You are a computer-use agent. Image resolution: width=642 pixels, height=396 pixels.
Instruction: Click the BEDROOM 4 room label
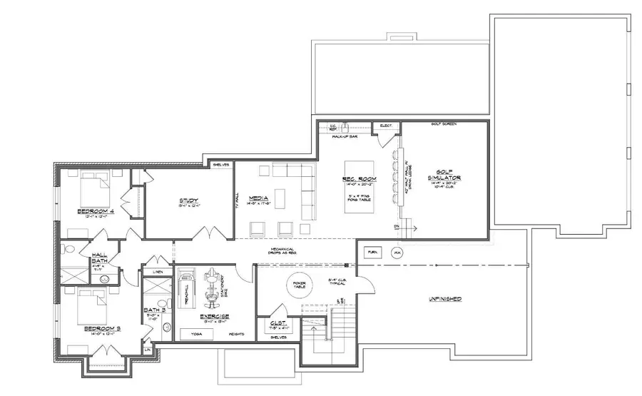pyautogui.click(x=95, y=211)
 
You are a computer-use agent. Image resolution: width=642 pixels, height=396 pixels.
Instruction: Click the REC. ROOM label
pyautogui.click(x=355, y=179)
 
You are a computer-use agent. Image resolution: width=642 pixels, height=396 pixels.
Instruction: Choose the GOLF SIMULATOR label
pyautogui.click(x=447, y=175)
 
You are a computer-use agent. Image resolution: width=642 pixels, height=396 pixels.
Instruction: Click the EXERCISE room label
pyautogui.click(x=214, y=316)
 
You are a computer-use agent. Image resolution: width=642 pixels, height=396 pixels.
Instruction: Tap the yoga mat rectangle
pyautogui.click(x=195, y=332)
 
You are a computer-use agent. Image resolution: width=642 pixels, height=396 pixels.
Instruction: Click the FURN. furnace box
pyautogui.click(x=372, y=253)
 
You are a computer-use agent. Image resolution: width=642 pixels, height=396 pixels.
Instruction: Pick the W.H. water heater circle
pyautogui.click(x=397, y=253)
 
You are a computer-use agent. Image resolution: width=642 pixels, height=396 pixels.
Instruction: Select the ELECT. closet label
pyautogui.click(x=387, y=126)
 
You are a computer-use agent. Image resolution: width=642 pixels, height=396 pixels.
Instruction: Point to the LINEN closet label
pyautogui.click(x=157, y=270)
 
